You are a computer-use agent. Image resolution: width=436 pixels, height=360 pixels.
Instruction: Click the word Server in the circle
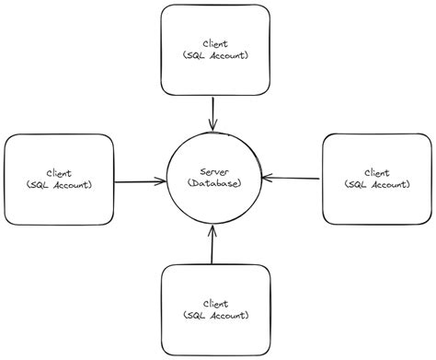[x=213, y=172]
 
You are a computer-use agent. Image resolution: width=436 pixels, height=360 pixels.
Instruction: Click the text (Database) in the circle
[x=213, y=184]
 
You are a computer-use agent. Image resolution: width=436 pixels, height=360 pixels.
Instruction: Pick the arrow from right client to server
[x=291, y=178]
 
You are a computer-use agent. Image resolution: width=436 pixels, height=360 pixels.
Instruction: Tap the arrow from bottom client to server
[x=212, y=246]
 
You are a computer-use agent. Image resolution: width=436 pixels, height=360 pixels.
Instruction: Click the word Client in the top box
[x=215, y=43]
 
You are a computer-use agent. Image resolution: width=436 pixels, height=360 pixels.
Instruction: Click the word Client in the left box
[x=59, y=173]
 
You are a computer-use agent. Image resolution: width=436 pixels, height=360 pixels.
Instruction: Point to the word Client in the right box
[x=376, y=172]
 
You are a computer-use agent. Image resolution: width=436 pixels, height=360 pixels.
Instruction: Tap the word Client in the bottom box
[x=215, y=303]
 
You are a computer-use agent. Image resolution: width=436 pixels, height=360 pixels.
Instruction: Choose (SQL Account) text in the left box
[x=59, y=185]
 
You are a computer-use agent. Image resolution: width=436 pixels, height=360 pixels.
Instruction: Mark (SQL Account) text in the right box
[x=376, y=184]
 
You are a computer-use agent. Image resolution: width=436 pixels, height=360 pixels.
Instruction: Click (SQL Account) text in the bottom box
[x=215, y=315]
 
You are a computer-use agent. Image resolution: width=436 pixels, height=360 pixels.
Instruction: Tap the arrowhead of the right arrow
[x=266, y=177]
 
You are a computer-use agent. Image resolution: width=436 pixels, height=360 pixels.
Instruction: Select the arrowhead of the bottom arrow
[x=212, y=232]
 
